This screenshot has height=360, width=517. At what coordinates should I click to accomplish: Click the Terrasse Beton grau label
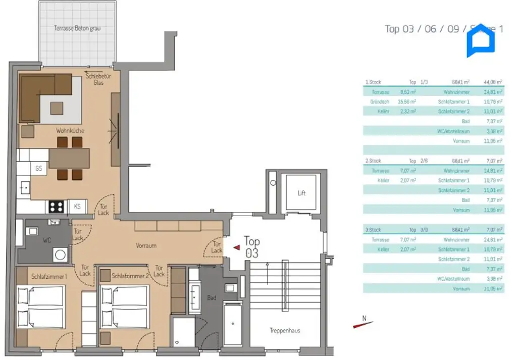[x=77, y=28]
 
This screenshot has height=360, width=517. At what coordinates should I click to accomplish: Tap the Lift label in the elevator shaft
[x=301, y=193]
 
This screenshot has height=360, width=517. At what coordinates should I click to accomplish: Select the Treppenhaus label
[x=285, y=331]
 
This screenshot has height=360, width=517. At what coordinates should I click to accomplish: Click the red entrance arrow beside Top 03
[x=236, y=247]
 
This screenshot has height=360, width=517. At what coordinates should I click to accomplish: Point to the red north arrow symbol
[x=363, y=323]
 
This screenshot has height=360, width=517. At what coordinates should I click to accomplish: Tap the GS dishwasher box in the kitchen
[x=38, y=169]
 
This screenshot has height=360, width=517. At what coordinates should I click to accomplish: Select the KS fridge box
[x=77, y=207]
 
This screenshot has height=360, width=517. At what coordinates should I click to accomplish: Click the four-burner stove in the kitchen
[x=56, y=207]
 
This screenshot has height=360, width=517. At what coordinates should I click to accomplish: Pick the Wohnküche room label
[x=70, y=131]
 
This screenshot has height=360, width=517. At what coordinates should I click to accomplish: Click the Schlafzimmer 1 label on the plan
[x=49, y=277]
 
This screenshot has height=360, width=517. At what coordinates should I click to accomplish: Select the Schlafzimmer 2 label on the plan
[x=130, y=277]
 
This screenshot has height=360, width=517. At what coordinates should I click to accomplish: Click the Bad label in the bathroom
[x=212, y=298]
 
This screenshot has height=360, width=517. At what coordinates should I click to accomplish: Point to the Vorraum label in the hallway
[x=146, y=246]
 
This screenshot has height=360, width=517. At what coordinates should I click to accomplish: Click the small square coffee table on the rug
[x=57, y=108]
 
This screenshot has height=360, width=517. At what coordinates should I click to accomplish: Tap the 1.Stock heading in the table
[x=373, y=82]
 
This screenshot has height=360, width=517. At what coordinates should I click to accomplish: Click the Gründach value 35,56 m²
[x=407, y=101]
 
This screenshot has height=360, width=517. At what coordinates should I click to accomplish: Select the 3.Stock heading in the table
[x=373, y=230]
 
